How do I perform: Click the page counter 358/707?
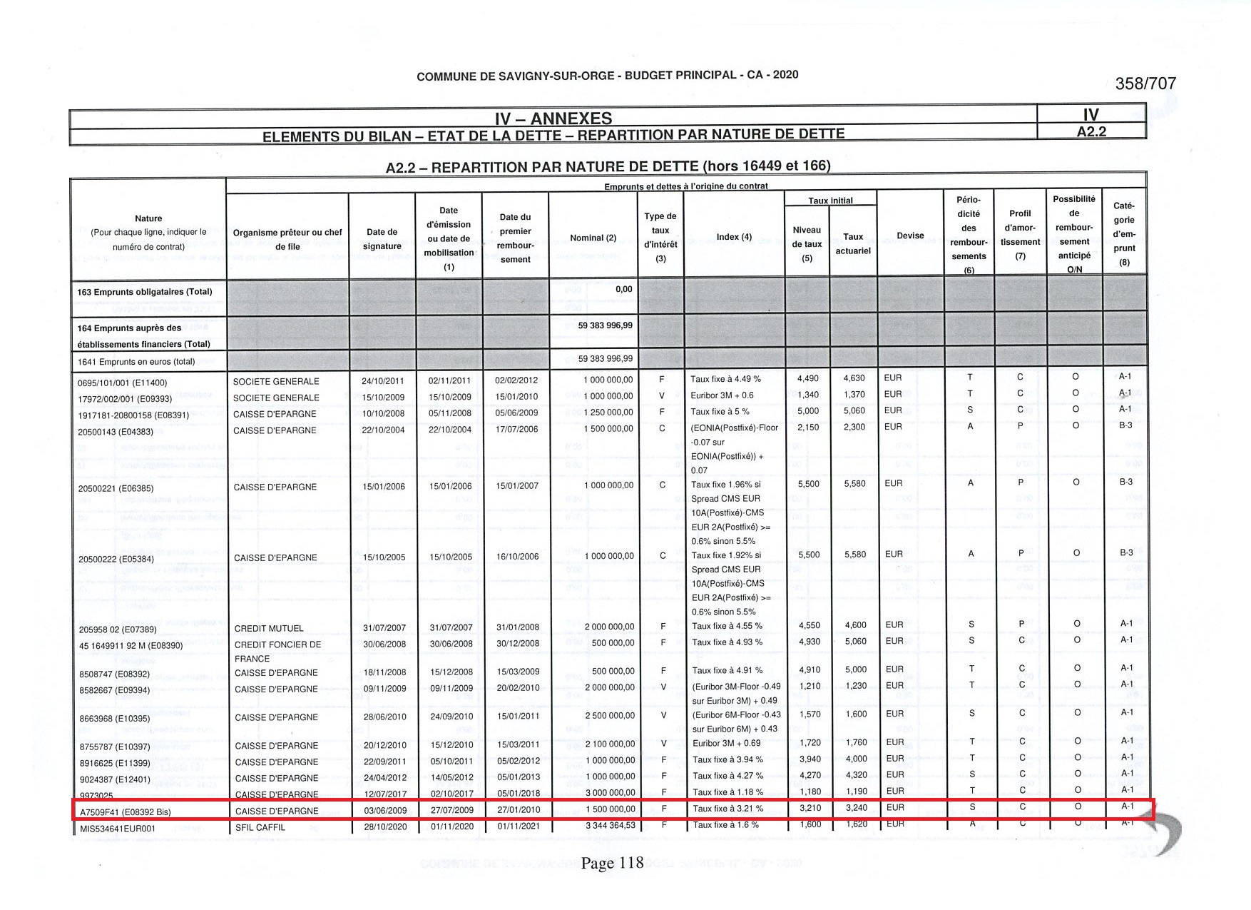tap(1145, 84)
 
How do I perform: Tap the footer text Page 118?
tap(612, 863)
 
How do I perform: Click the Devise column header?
tap(910, 236)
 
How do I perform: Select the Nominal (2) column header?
tap(593, 238)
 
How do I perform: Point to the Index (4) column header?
tap(734, 237)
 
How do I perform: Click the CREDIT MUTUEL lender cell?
tap(269, 629)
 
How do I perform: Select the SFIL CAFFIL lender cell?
tap(260, 828)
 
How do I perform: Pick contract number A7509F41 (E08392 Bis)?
tap(126, 812)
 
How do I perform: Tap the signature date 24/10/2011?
tap(383, 381)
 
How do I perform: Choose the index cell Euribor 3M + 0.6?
tap(722, 395)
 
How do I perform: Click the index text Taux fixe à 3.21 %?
tap(727, 809)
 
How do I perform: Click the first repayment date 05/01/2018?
tap(517, 792)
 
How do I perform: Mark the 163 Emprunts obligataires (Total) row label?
tap(144, 292)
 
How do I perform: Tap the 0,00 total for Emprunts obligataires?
tap(623, 289)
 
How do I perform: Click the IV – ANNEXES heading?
tap(553, 118)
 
